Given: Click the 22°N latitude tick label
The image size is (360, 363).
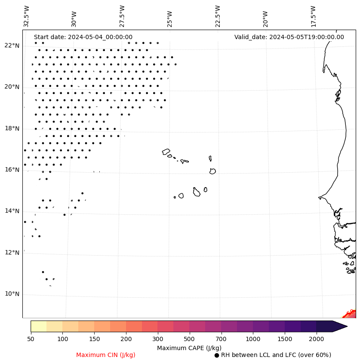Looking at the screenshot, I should [x=12, y=46].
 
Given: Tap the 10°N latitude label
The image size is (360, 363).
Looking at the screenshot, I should [x=12, y=294].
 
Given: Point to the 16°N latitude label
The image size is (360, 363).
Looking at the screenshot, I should [x=12, y=170].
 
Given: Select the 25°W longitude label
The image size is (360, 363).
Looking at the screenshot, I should [x=170, y=16].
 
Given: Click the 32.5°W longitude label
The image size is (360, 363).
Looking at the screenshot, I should [x=27, y=16].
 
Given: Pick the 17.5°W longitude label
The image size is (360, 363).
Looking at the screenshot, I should [x=313, y=16].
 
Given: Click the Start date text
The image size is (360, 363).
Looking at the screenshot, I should [x=83, y=37].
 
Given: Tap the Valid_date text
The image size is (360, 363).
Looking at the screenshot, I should [x=289, y=37].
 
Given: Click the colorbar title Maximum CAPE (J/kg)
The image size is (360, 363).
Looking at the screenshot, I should [x=189, y=348].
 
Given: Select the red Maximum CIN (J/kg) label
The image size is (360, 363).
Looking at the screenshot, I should [x=106, y=355].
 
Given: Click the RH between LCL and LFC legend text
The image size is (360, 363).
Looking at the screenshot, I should [x=276, y=355].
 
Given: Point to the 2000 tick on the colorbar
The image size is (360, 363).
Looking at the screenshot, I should [x=317, y=339].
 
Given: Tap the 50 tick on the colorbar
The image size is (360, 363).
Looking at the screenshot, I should [x=31, y=339].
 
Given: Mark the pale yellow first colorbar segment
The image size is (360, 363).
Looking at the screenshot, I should [x=39, y=326].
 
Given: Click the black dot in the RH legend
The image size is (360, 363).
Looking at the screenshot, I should [x=217, y=355].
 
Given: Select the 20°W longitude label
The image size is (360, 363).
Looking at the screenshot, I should [x=265, y=16].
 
